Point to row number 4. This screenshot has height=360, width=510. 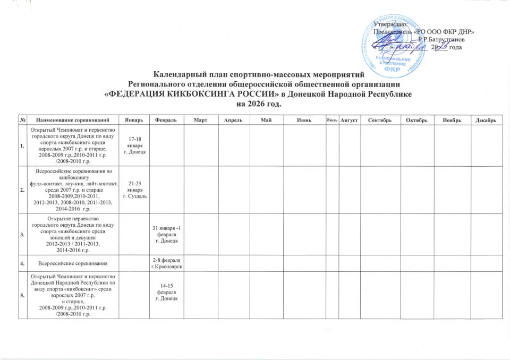pyautogui.click(x=22, y=262)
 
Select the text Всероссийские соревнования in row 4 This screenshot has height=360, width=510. pyautogui.click(x=74, y=262)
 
